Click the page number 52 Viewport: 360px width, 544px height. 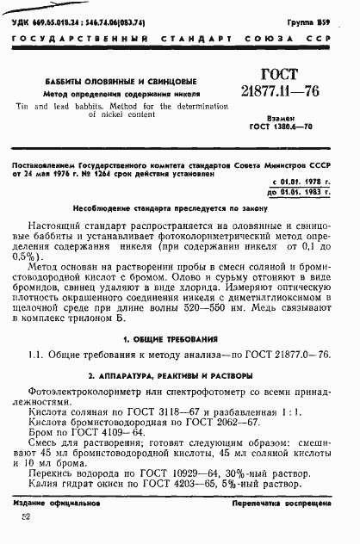point(25,516)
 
